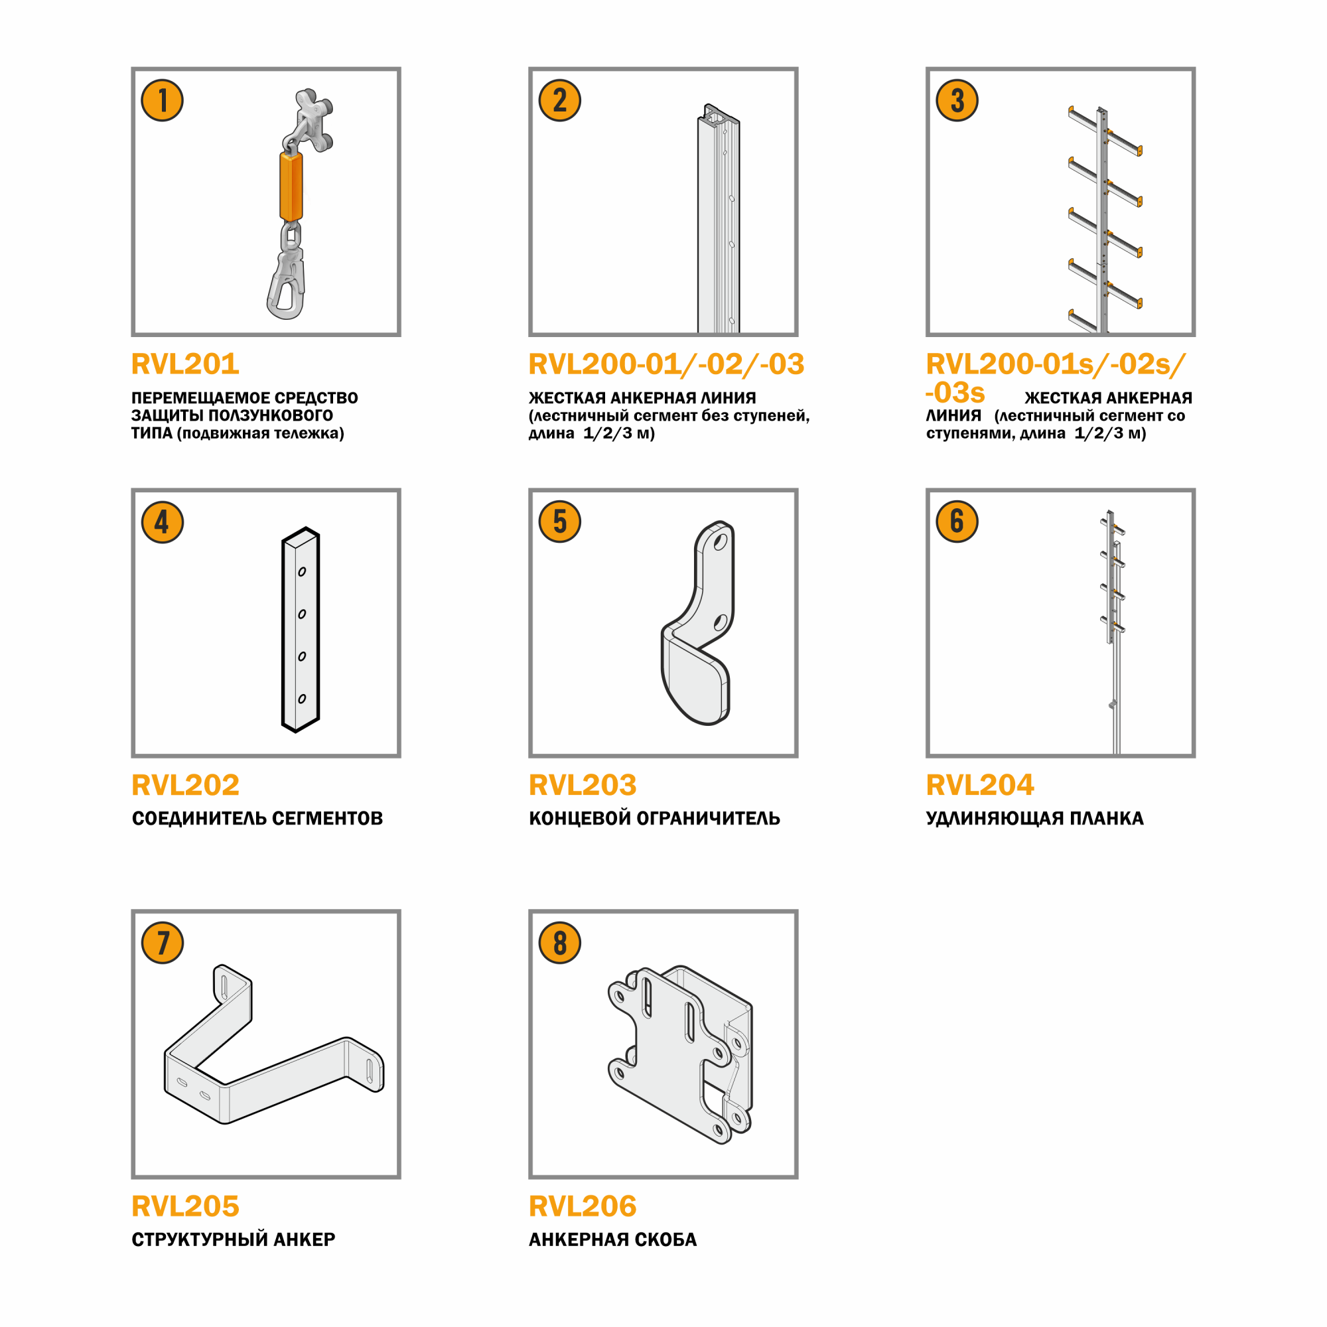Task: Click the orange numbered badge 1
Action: pos(162,100)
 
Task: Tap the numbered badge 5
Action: pos(560,522)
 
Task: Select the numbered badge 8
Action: pos(560,942)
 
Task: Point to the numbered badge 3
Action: pos(957,100)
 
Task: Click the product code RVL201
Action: pos(186,364)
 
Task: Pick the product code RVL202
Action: pos(186,785)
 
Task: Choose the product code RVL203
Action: pos(583,785)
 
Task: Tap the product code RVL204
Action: pos(979,785)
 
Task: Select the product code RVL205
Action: pos(186,1206)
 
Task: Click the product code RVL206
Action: pos(583,1206)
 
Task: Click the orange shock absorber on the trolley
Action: pos(291,186)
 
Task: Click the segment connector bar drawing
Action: pos(301,630)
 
